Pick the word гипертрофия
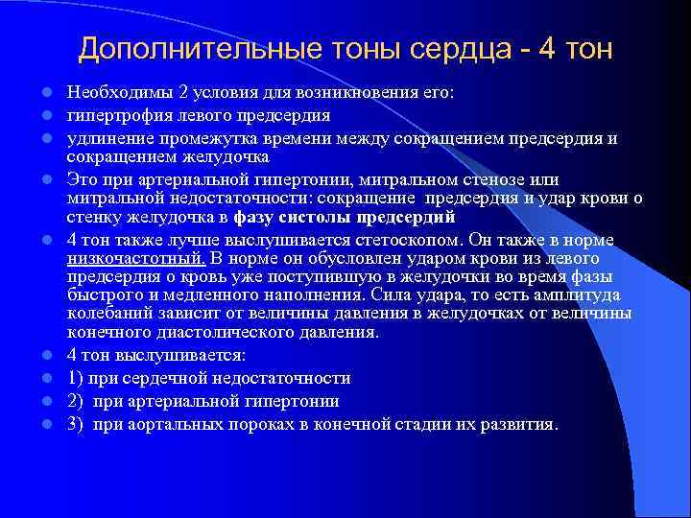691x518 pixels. coord(113,116)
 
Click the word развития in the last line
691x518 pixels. coord(520,424)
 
